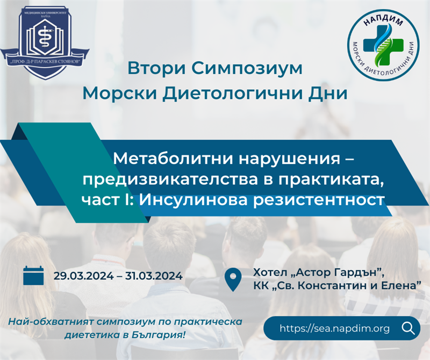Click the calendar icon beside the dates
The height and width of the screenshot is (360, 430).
[33, 276]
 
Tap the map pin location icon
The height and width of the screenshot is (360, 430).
[233, 279]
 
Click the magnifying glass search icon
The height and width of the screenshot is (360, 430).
[408, 328]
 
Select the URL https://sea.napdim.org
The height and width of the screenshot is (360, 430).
[334, 328]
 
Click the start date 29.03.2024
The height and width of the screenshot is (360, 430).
[83, 276]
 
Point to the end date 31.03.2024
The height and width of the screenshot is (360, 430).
[154, 276]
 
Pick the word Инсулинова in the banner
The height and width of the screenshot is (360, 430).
[193, 200]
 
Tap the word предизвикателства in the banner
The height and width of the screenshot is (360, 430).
[170, 179]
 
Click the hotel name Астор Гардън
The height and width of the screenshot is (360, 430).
[338, 273]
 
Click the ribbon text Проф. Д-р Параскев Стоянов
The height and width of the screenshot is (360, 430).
[45, 62]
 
